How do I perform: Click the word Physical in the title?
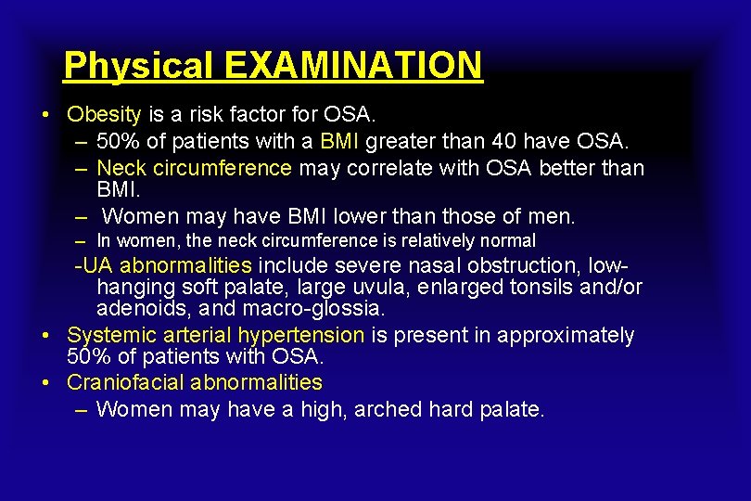click(x=139, y=66)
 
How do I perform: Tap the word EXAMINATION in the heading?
click(x=353, y=66)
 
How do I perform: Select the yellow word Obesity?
click(x=104, y=115)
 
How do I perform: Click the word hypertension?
click(x=301, y=335)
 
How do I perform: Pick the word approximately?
click(x=566, y=335)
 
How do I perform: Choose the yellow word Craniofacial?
click(x=127, y=382)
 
